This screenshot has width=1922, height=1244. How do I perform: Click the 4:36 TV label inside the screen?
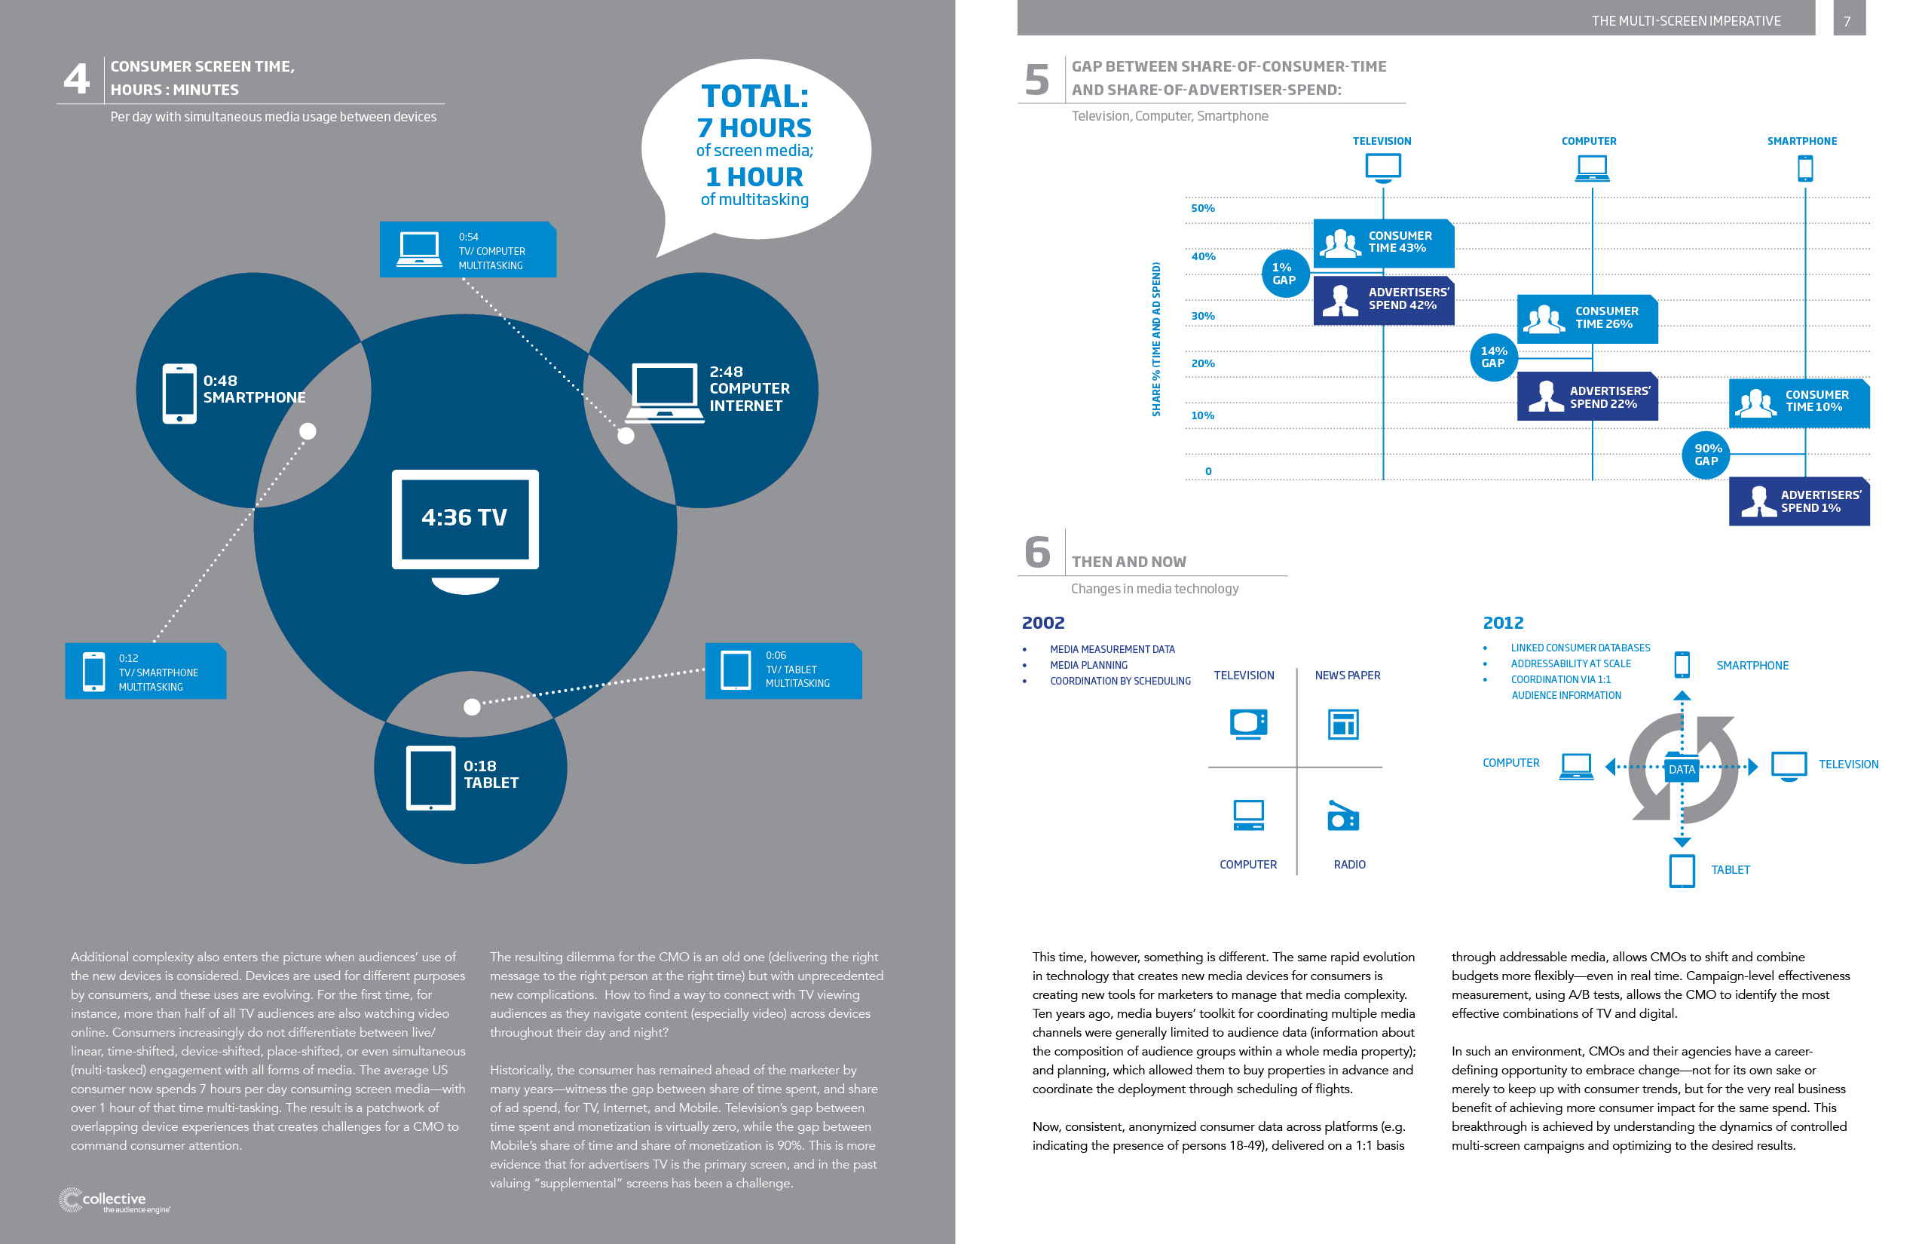click(464, 517)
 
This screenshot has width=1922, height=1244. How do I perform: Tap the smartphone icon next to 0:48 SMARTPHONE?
click(179, 394)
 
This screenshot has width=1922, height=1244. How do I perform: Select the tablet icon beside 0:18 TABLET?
click(430, 778)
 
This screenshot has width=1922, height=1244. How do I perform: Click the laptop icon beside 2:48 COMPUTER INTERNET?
click(665, 393)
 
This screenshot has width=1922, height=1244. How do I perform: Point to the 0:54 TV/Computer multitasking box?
click(468, 250)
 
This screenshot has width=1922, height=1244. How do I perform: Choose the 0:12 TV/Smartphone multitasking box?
click(145, 671)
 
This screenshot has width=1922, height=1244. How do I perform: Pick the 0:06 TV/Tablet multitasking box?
click(783, 670)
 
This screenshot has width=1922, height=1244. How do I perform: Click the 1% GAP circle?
click(1285, 274)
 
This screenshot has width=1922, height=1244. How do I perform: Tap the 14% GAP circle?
click(1493, 357)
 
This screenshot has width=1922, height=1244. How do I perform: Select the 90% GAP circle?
click(1706, 455)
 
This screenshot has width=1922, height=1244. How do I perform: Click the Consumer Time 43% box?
click(1383, 243)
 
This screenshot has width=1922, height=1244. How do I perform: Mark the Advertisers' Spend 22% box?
click(1587, 397)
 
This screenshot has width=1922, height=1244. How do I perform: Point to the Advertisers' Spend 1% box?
click(1799, 501)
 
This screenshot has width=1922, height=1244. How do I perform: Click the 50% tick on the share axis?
click(1202, 208)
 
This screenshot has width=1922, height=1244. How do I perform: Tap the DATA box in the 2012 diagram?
click(1682, 768)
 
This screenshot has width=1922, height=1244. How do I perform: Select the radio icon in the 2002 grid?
click(1343, 816)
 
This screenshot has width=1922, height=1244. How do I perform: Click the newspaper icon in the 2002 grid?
click(1344, 725)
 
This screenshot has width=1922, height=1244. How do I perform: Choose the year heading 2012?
click(1503, 623)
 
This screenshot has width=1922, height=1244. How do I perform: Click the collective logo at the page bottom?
click(114, 1200)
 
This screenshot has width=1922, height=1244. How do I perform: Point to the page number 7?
click(1847, 21)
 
